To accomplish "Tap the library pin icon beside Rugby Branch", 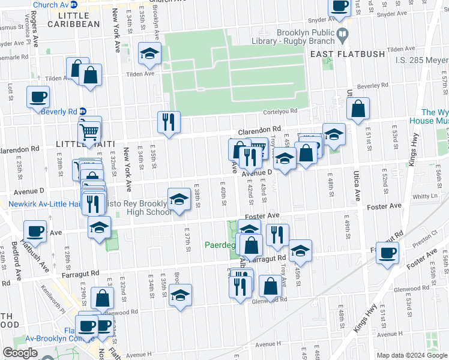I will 342,34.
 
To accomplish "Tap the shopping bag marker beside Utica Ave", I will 358,109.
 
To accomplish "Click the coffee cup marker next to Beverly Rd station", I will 38,97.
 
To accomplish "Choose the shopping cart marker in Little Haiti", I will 89,130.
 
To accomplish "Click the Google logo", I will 20,353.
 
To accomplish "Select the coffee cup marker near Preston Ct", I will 387,253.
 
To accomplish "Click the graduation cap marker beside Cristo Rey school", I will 178,199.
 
